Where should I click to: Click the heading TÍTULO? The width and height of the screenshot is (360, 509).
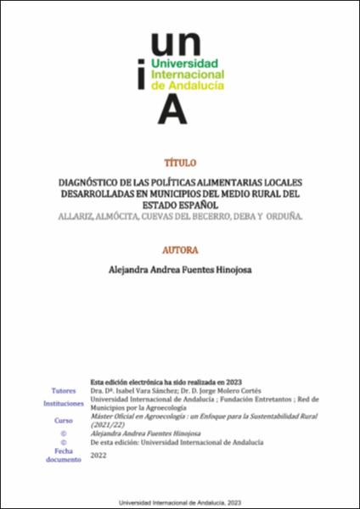[179, 162]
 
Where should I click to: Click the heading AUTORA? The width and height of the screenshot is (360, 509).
[179, 250]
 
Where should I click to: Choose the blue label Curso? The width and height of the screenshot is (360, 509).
[64, 420]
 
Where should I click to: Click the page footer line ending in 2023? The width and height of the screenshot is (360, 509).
[179, 501]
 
